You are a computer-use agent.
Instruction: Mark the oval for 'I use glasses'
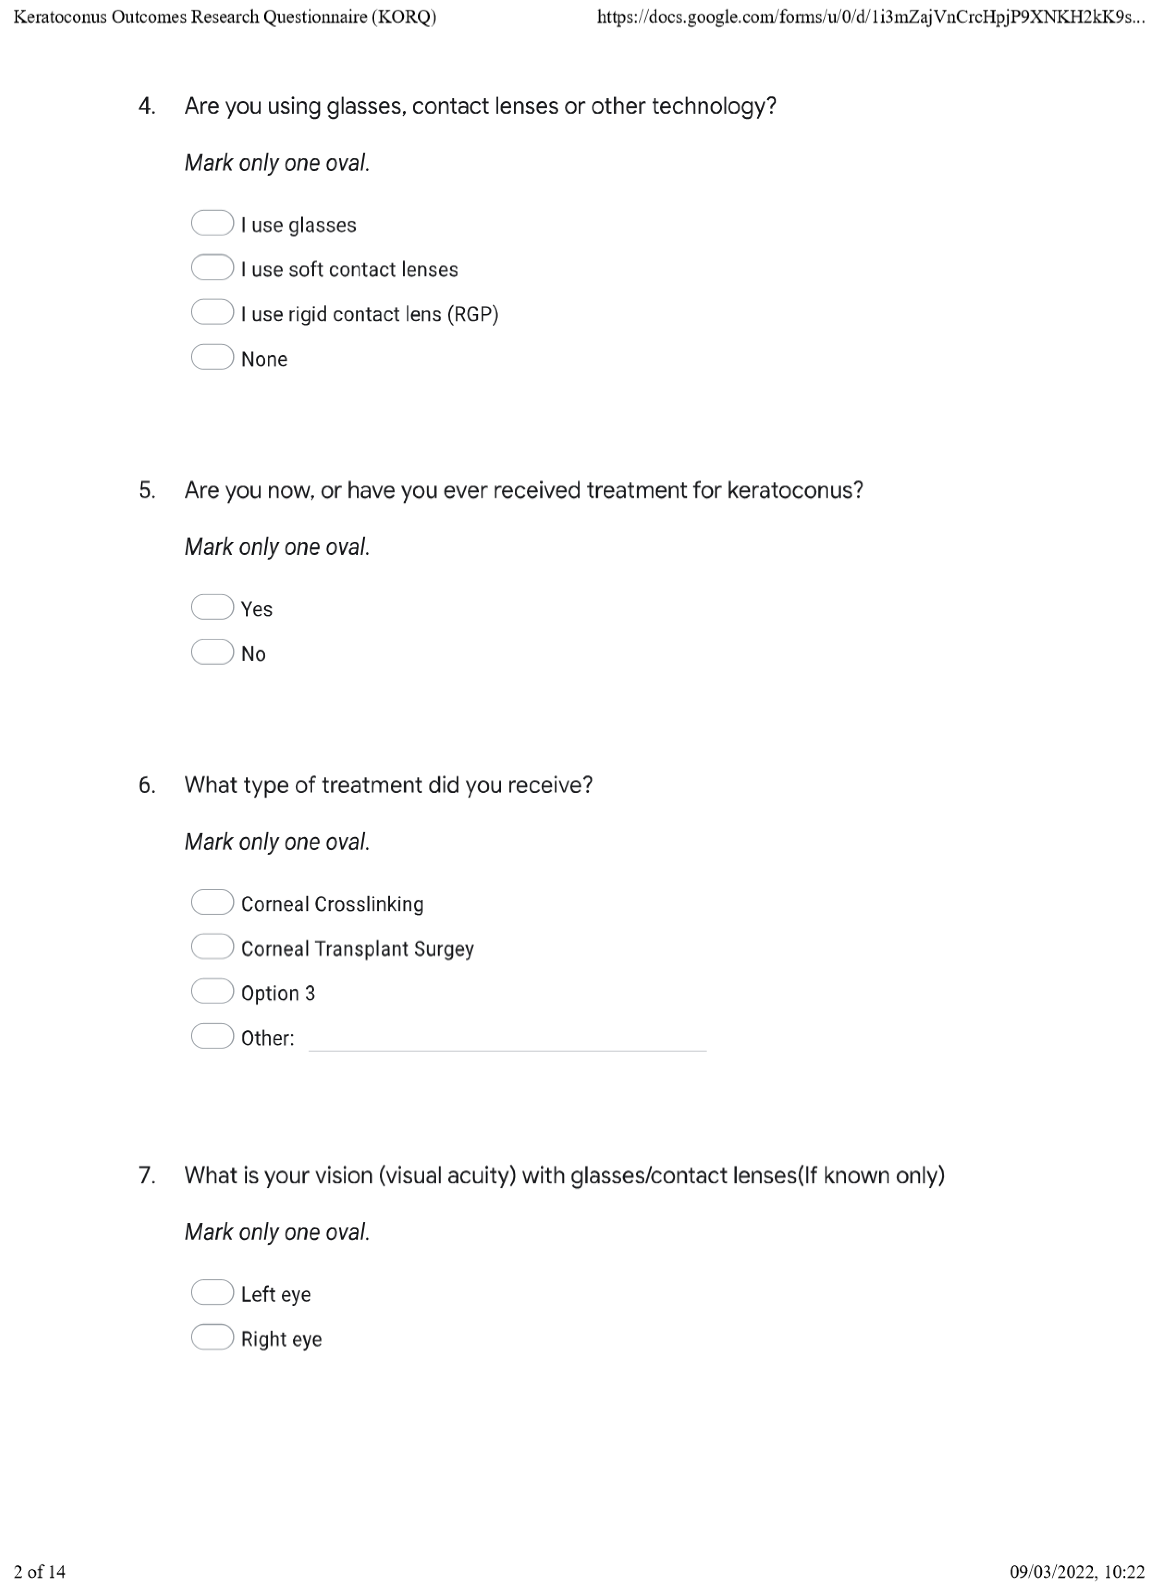pos(212,223)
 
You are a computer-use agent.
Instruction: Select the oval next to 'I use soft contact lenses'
pos(212,268)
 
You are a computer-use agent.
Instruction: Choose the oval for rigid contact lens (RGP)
pos(212,313)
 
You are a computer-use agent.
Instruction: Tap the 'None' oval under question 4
pos(212,358)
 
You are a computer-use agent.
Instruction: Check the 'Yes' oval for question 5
pos(212,608)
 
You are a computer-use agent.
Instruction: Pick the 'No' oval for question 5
pos(212,653)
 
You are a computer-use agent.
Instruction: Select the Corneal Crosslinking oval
pos(212,903)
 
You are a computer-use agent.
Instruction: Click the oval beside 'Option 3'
pos(212,992)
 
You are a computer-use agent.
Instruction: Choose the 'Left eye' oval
pos(212,1292)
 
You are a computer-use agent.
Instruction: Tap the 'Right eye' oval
pos(212,1337)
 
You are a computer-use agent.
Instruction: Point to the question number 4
pos(147,107)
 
